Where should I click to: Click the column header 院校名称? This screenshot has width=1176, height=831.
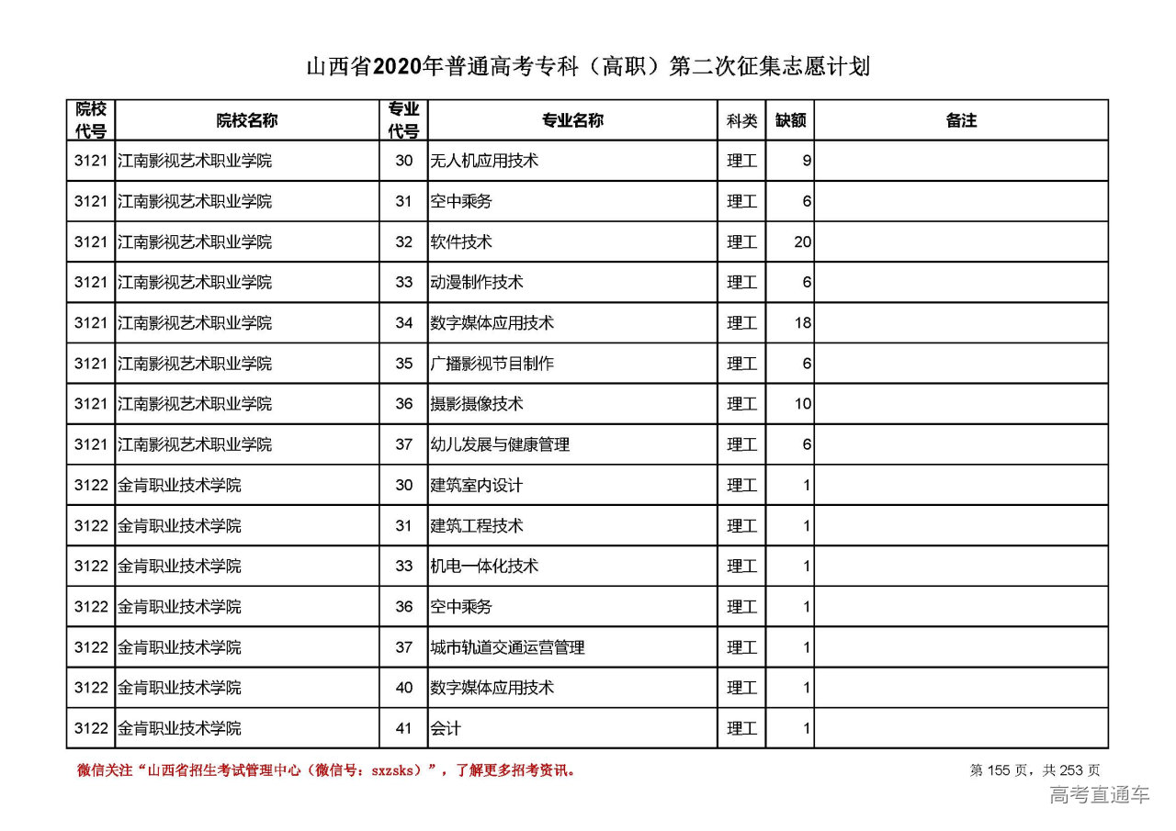click(x=246, y=120)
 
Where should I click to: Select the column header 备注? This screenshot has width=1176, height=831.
click(x=960, y=120)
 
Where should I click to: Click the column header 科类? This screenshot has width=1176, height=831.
click(x=741, y=120)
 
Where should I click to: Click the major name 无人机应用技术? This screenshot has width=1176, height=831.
click(x=483, y=161)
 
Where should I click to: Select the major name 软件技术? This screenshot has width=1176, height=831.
click(x=460, y=242)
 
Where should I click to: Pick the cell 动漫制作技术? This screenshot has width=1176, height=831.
click(x=476, y=283)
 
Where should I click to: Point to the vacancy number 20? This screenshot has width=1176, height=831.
click(x=802, y=242)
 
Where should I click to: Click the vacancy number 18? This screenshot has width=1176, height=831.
click(x=802, y=323)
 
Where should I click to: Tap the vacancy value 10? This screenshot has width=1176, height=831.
click(x=802, y=404)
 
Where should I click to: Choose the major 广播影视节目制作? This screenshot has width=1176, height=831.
click(x=492, y=364)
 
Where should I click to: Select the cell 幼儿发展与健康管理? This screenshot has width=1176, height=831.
click(x=499, y=444)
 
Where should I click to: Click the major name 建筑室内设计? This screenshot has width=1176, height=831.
click(x=476, y=485)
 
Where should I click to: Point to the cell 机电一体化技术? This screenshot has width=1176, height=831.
click(x=483, y=567)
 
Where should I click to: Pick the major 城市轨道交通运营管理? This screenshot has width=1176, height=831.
click(x=507, y=647)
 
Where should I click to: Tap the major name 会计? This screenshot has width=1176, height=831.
click(x=445, y=728)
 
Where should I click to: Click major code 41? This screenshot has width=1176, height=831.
click(x=403, y=728)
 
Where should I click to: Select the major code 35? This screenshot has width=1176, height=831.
click(x=403, y=364)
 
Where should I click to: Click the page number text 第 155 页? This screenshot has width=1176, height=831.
click(x=1001, y=770)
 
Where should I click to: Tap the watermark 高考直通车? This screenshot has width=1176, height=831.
click(x=1099, y=795)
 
